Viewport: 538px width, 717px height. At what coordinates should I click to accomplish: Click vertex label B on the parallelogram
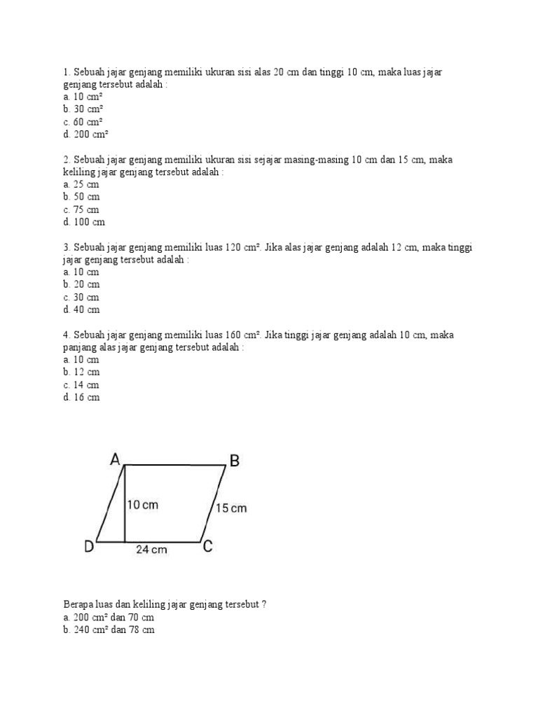tap(235, 461)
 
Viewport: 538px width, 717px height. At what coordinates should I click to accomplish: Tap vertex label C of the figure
tap(207, 547)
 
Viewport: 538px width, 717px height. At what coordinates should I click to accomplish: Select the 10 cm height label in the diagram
tap(144, 505)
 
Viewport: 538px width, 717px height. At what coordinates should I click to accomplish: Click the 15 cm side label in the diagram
tap(230, 508)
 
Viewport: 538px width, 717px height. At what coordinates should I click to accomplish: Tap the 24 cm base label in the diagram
tap(151, 550)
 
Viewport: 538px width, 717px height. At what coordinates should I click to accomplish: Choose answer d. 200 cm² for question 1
tap(85, 134)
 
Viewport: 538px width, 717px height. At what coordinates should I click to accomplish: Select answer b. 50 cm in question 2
tap(81, 197)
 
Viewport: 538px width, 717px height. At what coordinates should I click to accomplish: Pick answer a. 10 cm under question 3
tap(81, 272)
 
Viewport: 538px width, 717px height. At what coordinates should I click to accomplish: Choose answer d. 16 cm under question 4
tap(81, 397)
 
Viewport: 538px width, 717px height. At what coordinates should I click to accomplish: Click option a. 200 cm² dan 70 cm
tap(108, 618)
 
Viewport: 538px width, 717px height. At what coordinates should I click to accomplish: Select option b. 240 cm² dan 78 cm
tap(108, 630)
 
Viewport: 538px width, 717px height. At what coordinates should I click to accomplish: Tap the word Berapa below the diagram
tap(78, 605)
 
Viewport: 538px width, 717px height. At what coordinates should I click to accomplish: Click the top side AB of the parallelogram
tap(175, 464)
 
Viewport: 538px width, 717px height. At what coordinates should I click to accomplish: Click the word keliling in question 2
tap(78, 172)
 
